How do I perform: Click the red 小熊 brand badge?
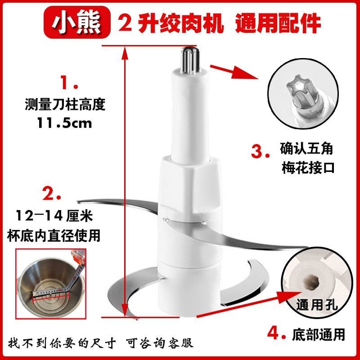77,22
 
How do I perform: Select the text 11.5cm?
64,123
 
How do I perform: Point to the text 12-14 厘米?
54,216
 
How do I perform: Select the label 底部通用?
319,335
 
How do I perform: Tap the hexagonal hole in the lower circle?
309,282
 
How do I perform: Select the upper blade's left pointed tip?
78,201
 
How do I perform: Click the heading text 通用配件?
278,23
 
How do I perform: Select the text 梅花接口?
308,168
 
